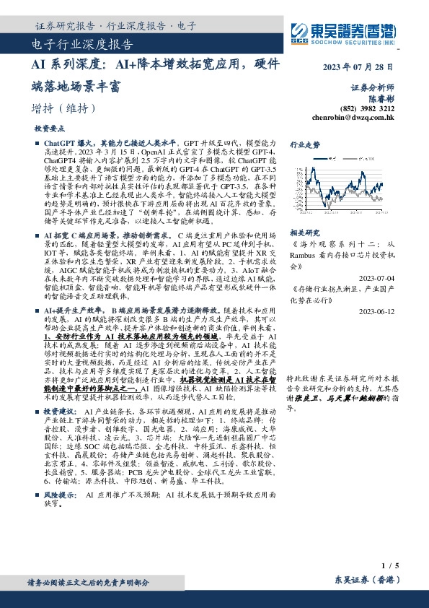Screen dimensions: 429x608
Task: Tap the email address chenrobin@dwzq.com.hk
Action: click(353, 116)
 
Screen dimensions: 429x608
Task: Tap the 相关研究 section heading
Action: click(304, 233)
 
